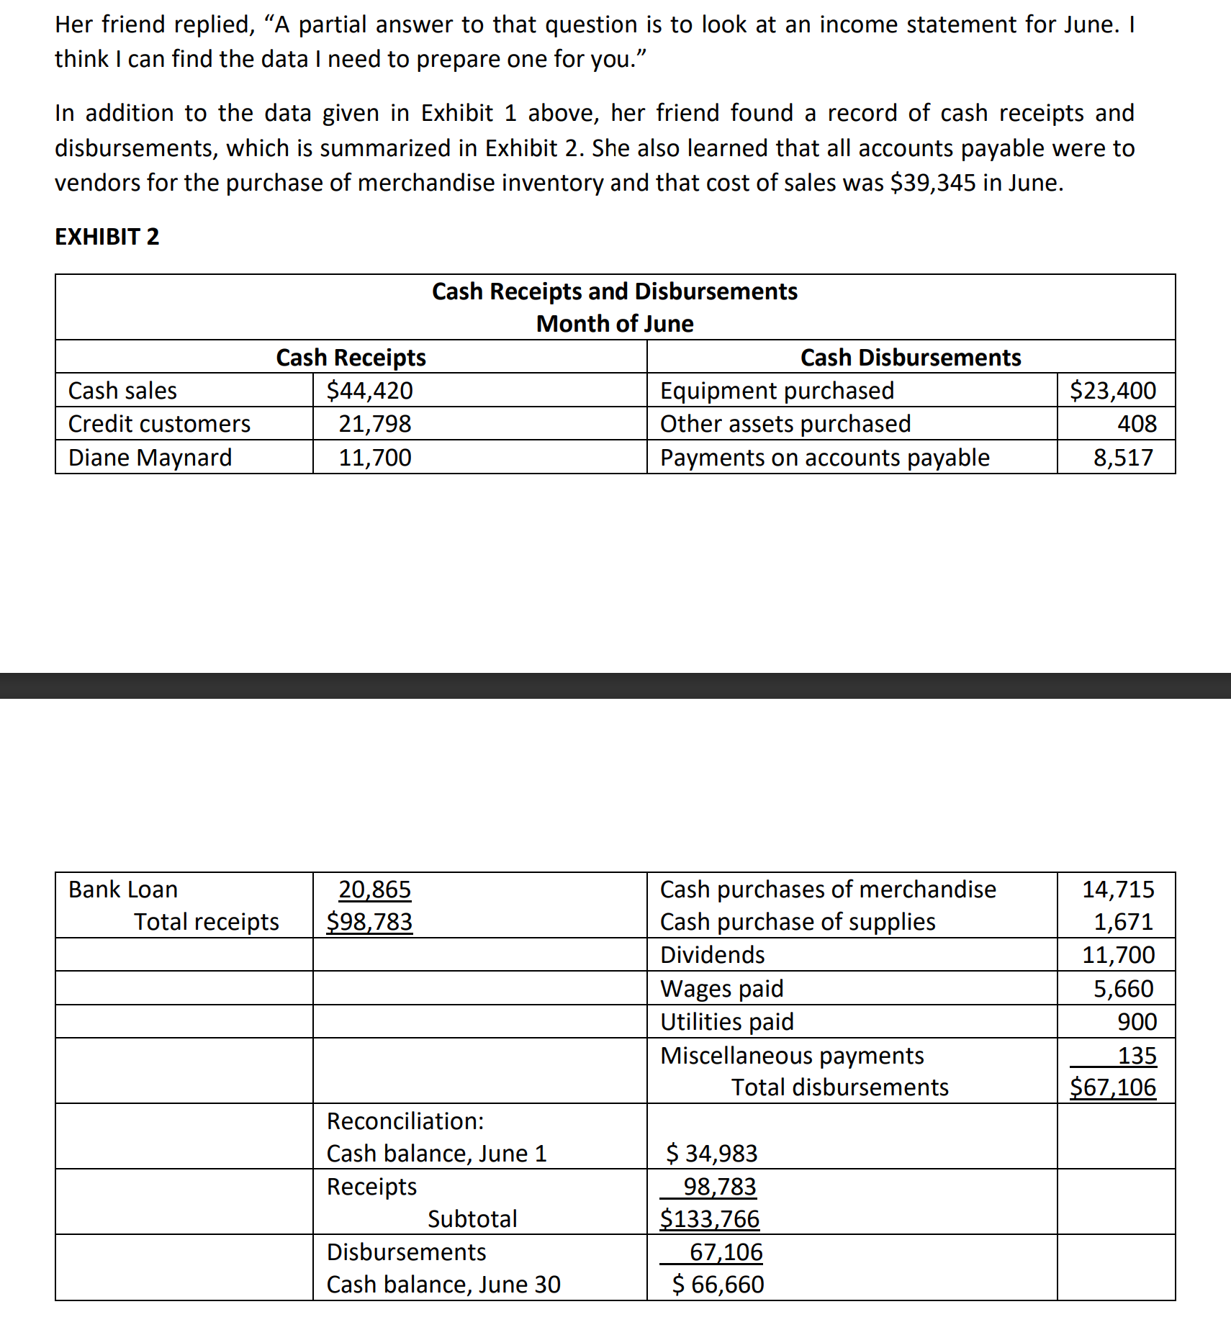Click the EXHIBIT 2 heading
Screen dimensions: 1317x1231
(x=107, y=237)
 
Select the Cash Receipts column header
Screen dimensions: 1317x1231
(x=351, y=358)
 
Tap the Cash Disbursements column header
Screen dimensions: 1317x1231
(x=911, y=358)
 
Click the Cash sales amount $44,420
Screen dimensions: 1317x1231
(x=369, y=391)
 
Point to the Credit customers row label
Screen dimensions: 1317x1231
(x=159, y=424)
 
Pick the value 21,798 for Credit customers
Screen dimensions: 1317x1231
(x=375, y=424)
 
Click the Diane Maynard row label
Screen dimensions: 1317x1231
(x=150, y=458)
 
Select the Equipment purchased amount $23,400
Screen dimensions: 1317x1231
(x=1113, y=391)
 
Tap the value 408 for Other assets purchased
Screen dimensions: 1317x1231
(x=1137, y=424)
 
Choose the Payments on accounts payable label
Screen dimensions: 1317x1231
(x=825, y=458)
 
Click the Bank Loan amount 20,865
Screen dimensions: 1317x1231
(x=375, y=890)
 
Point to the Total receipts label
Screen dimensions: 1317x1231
(x=207, y=922)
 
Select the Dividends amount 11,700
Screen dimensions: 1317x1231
(x=1119, y=955)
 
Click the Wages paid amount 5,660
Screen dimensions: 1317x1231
(x=1124, y=989)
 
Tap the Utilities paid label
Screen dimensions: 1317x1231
(x=727, y=1022)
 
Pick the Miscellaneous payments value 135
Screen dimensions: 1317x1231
(x=1137, y=1056)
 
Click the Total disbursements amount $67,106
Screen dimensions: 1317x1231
(x=1113, y=1087)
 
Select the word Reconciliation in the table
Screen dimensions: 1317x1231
(x=405, y=1121)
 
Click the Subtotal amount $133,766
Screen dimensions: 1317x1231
(x=710, y=1219)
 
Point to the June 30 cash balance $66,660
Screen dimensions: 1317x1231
(x=718, y=1285)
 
